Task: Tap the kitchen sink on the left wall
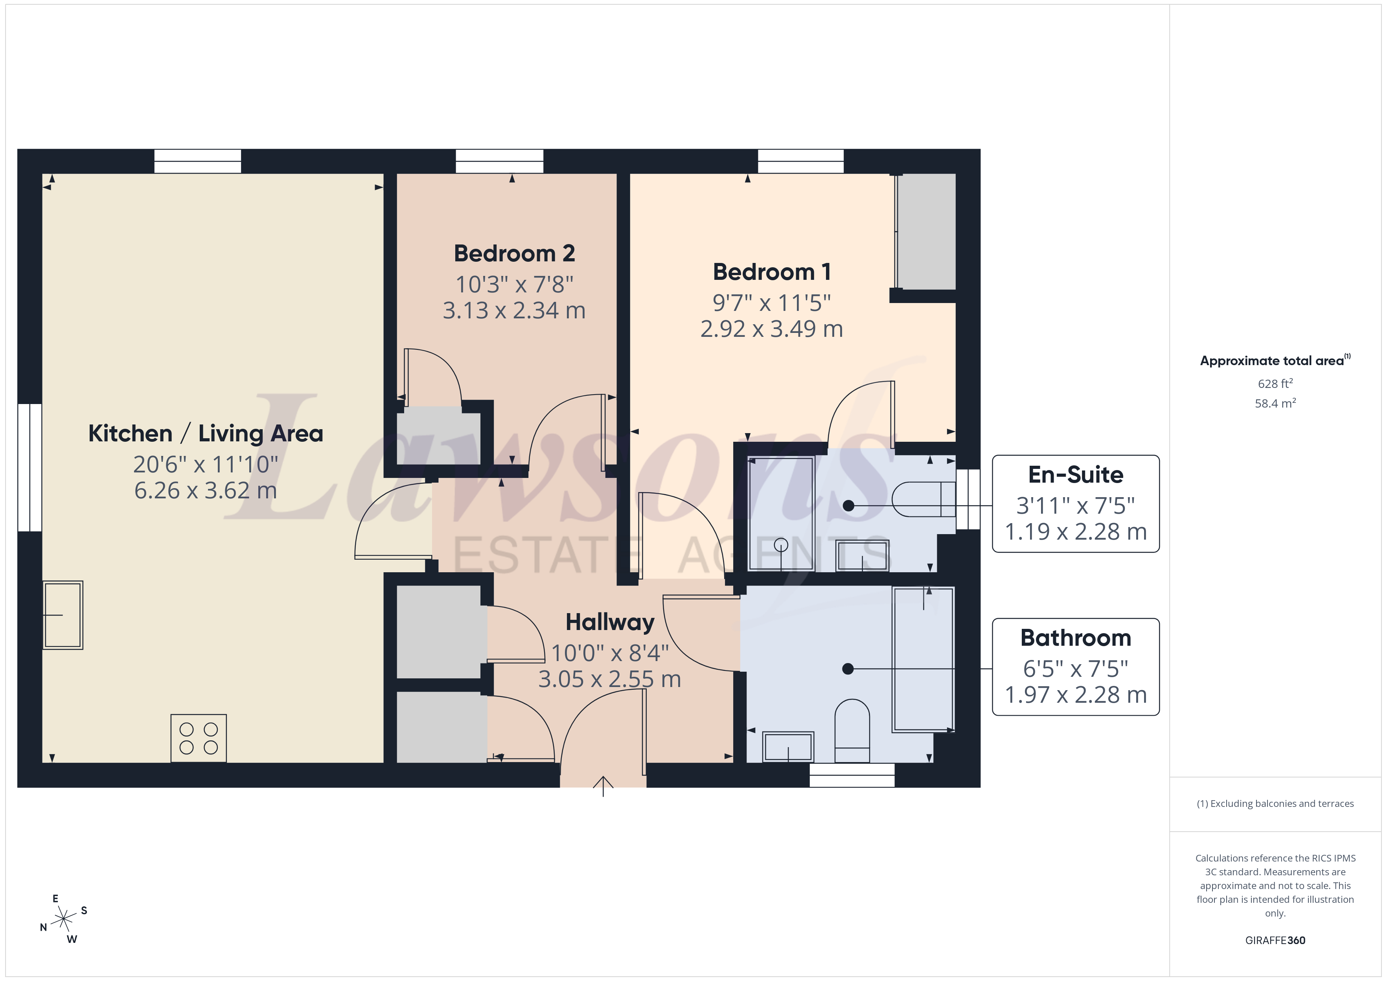[63, 615]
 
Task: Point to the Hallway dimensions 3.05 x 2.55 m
[609, 680]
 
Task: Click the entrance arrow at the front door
[603, 786]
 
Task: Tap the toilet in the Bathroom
[852, 731]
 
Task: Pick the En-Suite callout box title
[1075, 475]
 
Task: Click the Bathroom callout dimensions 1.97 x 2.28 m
[1075, 694]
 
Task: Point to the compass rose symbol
[63, 919]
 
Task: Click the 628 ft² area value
[1275, 384]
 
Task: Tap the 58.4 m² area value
[1275, 403]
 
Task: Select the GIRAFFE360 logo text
[1275, 941]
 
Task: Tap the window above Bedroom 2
[499, 161]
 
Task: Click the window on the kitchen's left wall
[29, 468]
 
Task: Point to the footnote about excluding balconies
[1275, 803]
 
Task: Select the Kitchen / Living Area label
[205, 434]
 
